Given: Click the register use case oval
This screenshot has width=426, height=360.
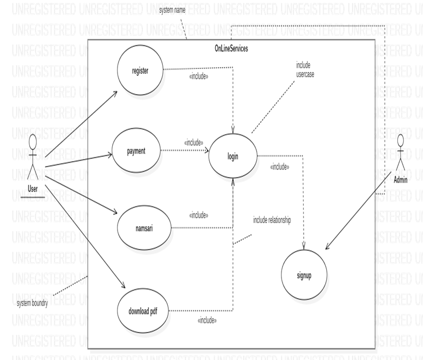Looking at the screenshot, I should (140, 70).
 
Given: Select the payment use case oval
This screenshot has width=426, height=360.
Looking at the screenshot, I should (136, 150).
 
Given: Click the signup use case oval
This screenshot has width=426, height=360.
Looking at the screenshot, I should (304, 275).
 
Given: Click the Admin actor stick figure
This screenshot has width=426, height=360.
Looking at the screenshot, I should (400, 156).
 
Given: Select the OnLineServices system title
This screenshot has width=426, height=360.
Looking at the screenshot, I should (231, 49).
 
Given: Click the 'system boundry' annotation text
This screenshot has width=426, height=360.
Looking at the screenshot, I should (33, 303).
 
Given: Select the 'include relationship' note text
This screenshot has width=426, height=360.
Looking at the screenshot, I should (272, 220).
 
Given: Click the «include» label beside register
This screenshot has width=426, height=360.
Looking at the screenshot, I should (199, 77).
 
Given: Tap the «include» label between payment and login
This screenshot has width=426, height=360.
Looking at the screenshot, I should (194, 143).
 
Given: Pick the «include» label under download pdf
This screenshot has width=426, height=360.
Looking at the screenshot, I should (207, 320).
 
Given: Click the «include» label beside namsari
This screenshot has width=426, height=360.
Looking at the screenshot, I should (199, 215).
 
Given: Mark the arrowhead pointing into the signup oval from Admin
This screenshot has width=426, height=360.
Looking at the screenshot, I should (327, 247).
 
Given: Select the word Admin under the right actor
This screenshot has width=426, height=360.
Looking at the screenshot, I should (400, 180).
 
